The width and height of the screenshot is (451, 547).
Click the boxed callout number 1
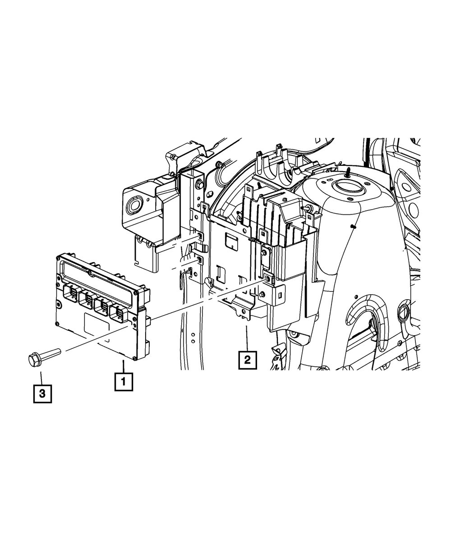pyautogui.click(x=123, y=382)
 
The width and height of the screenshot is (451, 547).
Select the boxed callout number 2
pyautogui.click(x=247, y=360)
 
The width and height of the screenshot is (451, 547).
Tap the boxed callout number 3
pyautogui.click(x=42, y=394)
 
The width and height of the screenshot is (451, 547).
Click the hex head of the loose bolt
pyautogui.click(x=33, y=360)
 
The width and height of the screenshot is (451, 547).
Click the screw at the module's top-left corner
pyautogui.click(x=59, y=259)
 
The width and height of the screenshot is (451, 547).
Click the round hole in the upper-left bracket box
pyautogui.click(x=134, y=206)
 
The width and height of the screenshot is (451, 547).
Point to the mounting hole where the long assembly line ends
pyautogui.click(x=268, y=280)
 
